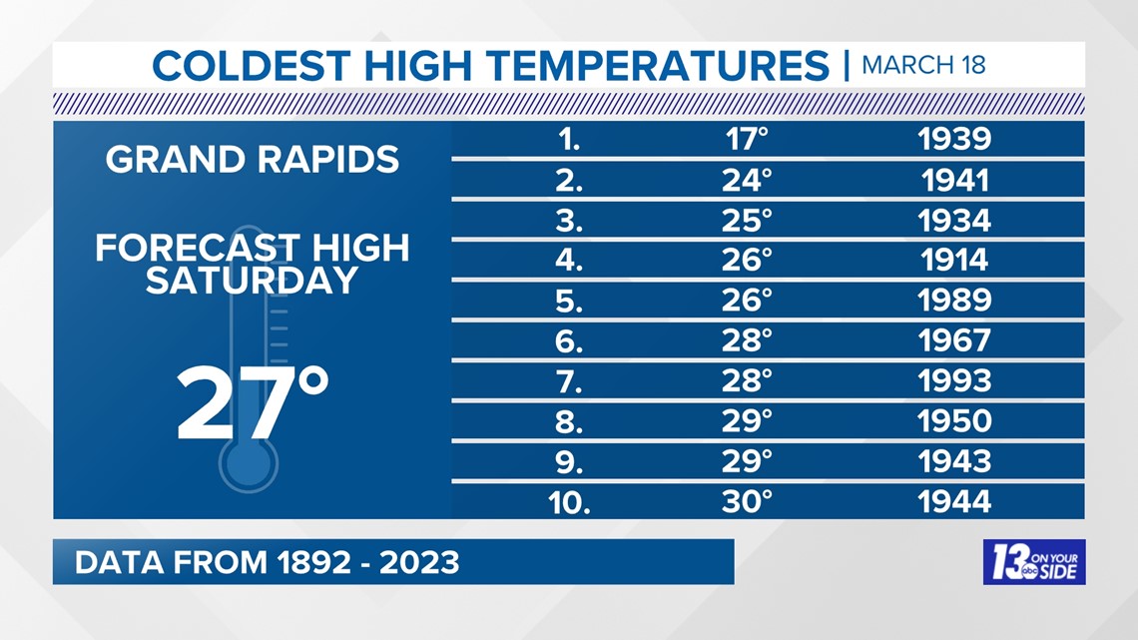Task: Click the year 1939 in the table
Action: (x=954, y=139)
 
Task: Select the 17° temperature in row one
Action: (x=747, y=139)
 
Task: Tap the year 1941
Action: (x=955, y=180)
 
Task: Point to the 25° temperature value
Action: (x=747, y=221)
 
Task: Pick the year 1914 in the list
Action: (x=954, y=260)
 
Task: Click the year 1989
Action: (x=954, y=301)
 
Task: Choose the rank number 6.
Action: (x=568, y=341)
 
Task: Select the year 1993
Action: (x=954, y=381)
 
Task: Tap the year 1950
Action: (x=954, y=421)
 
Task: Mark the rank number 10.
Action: (x=569, y=502)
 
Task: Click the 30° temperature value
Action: (x=747, y=502)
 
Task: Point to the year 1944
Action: (x=954, y=502)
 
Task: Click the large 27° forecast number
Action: (x=253, y=402)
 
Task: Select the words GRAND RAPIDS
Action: (x=253, y=160)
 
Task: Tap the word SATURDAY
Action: (x=252, y=281)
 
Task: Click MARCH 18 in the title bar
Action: (x=923, y=65)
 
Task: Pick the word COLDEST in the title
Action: (x=252, y=65)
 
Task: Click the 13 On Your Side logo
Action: (x=1034, y=562)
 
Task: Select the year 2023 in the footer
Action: (x=419, y=563)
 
